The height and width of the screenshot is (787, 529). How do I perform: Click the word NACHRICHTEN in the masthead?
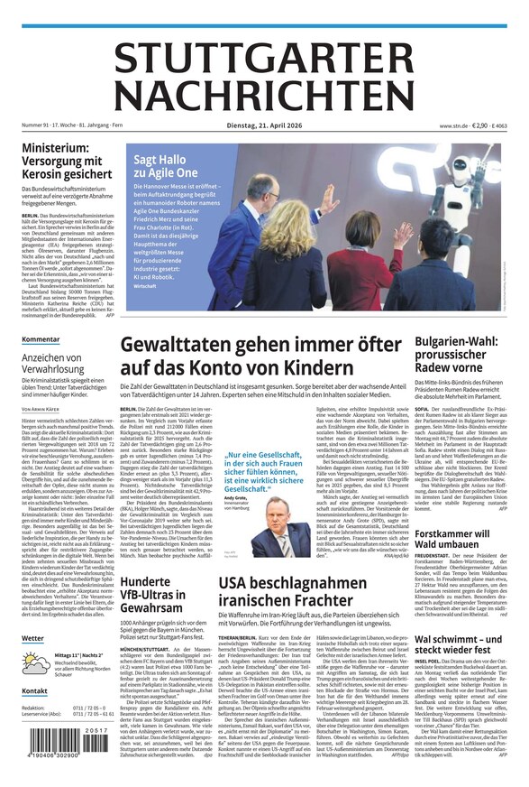point(264,94)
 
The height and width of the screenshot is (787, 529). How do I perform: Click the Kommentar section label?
point(41,340)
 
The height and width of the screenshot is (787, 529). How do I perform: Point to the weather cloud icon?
point(37,662)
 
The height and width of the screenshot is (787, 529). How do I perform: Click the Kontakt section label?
point(35,691)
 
